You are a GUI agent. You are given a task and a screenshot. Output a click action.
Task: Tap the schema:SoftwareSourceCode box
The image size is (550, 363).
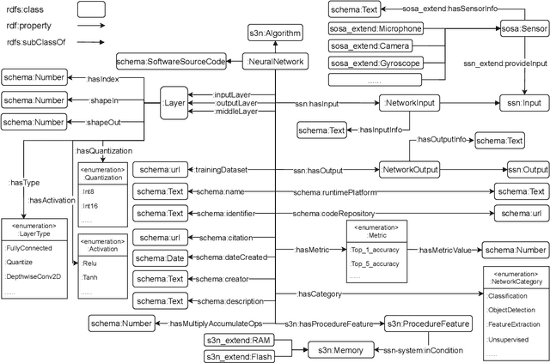click(171, 62)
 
